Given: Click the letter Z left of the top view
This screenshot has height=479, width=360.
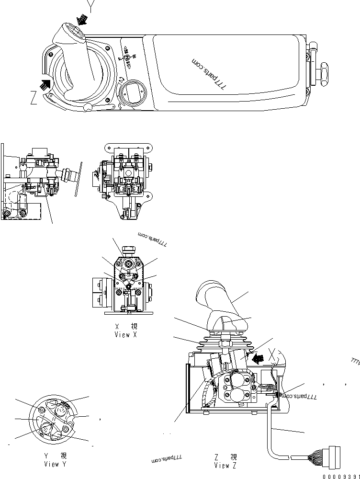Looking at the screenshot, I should (34, 99).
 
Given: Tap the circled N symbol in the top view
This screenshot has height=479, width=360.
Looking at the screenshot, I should (127, 57).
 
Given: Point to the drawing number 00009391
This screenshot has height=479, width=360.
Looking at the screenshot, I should (341, 476).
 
